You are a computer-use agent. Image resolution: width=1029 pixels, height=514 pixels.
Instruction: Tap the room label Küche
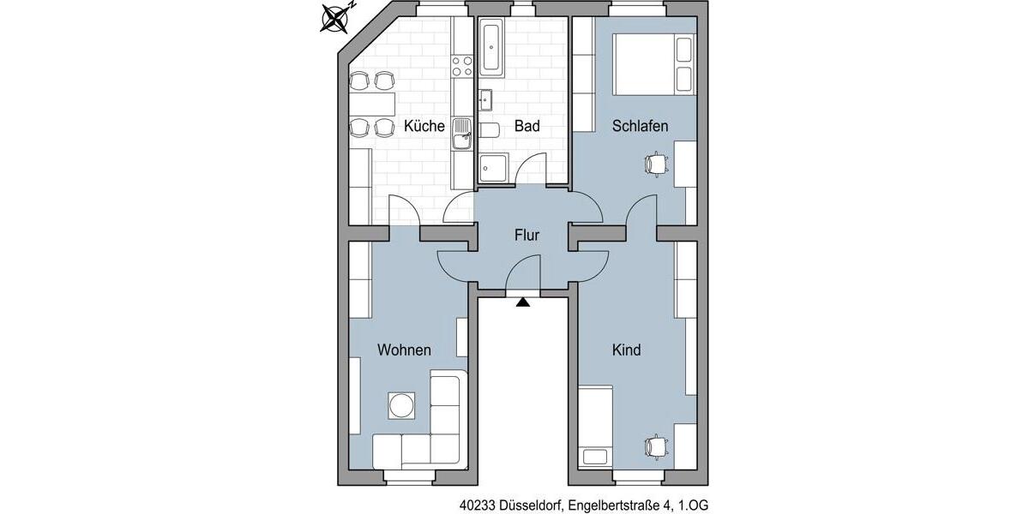[x=424, y=127]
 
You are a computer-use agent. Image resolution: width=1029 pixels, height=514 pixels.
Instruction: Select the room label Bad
[x=527, y=127]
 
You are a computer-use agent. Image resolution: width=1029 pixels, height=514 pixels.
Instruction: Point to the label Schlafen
[x=640, y=127]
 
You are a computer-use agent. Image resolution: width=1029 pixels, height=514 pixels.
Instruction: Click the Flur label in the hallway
[x=527, y=235]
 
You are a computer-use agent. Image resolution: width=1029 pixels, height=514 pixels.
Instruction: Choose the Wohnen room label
[x=404, y=350]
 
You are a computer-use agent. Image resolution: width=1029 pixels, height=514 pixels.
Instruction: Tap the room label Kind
[x=626, y=350]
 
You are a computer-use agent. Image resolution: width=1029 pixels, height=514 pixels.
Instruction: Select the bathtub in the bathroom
[x=493, y=47]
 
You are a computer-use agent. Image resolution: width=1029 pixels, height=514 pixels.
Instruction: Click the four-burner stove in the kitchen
[x=462, y=66]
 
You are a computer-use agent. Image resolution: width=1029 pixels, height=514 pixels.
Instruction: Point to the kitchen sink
[x=462, y=133]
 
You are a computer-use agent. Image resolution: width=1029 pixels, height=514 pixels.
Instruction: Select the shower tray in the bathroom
[x=493, y=168]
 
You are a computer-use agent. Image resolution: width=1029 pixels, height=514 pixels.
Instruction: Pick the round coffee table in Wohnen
[x=400, y=405]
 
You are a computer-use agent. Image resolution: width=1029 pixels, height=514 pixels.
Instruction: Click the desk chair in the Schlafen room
[x=656, y=163]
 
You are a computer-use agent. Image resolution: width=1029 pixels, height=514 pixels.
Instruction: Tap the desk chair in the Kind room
[x=656, y=445]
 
